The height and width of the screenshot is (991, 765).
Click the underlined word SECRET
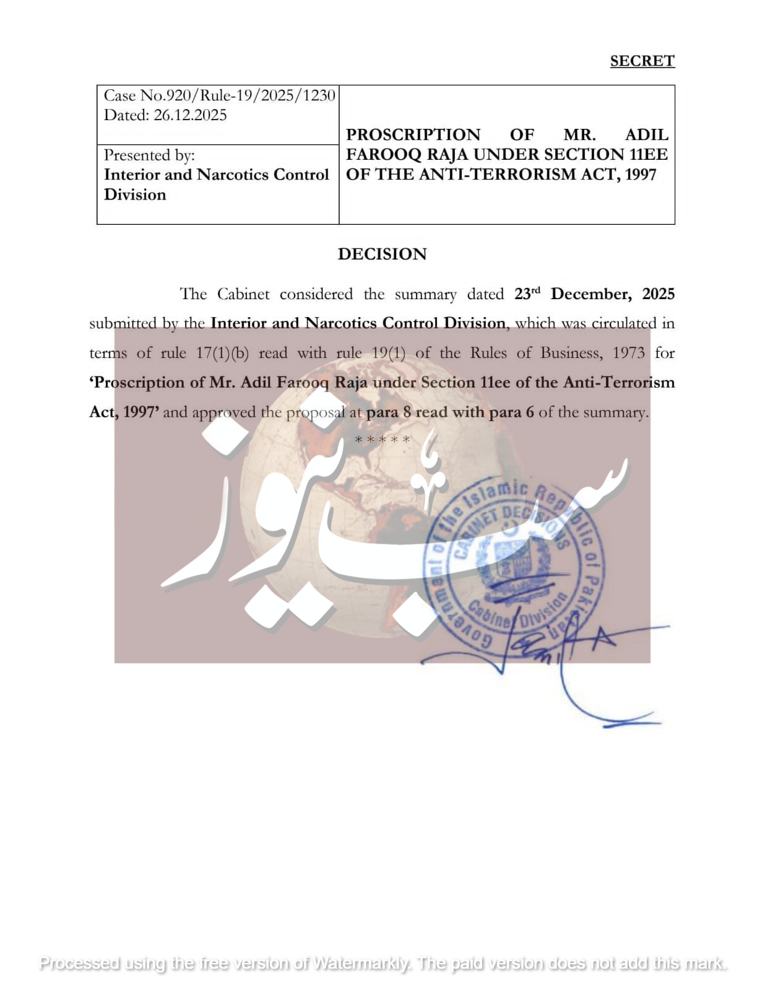[642, 61]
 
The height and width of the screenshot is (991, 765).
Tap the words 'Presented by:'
[149, 155]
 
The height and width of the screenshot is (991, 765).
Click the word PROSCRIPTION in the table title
[413, 134]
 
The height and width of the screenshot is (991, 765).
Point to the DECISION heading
[382, 254]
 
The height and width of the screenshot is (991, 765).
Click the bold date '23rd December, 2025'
[594, 294]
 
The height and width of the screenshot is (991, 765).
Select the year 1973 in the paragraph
[628, 353]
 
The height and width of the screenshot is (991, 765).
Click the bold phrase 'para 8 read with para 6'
[450, 413]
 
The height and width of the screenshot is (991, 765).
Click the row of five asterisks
[382, 440]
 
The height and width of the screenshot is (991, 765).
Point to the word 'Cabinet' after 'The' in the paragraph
[243, 294]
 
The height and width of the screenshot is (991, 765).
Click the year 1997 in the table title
[641, 175]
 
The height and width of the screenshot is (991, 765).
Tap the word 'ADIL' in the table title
[647, 134]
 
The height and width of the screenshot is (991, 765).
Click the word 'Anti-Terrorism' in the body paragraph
[619, 383]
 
